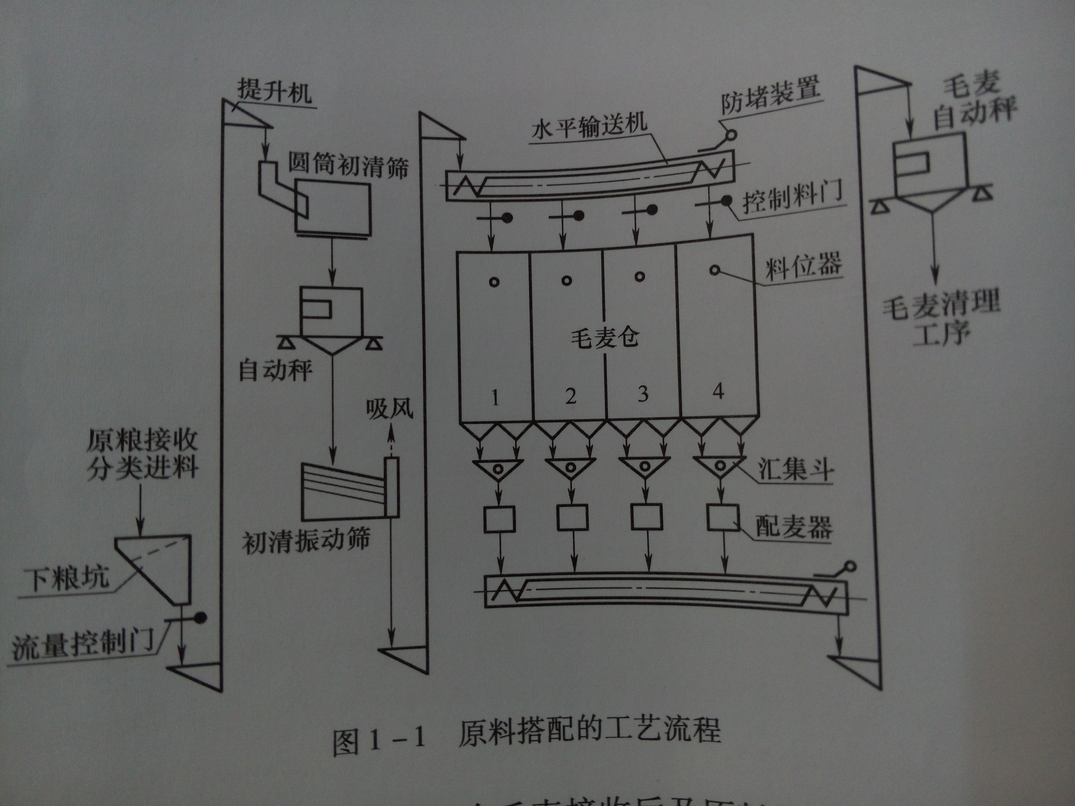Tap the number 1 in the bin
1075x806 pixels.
tap(495, 398)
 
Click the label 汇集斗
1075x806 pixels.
tap(796, 470)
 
